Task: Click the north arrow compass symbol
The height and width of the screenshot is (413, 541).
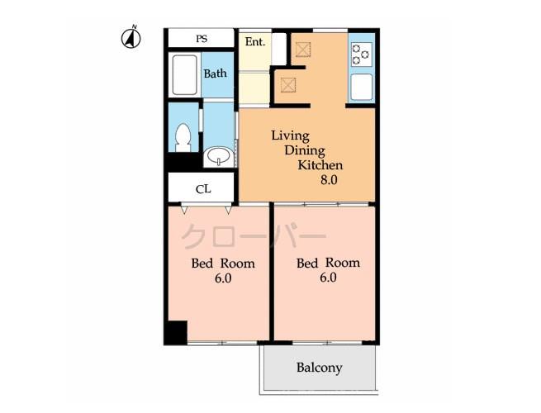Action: coord(131,37)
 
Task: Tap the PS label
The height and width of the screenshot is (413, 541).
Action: coord(202,39)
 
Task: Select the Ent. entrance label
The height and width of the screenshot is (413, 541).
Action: coord(254,40)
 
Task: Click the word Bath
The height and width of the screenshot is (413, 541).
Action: coord(215,74)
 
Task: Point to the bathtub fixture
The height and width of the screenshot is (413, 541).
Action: coord(184,76)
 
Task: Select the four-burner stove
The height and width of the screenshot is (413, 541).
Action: coord(361,55)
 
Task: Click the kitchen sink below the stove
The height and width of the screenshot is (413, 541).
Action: coord(361,87)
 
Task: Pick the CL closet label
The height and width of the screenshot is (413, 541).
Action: coord(203,189)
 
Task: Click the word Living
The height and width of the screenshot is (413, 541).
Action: coord(290,135)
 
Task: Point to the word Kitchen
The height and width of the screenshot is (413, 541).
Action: coord(320,164)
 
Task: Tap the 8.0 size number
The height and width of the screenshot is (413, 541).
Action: coord(329,179)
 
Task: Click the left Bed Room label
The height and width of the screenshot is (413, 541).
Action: coord(223,263)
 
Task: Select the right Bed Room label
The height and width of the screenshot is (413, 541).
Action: coord(328,263)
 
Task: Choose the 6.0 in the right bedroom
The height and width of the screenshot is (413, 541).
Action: coord(328,278)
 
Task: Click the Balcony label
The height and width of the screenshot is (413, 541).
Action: coord(319,368)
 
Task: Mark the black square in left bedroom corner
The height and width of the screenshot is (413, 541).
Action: coord(176,332)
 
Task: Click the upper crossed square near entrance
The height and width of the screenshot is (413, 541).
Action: coord(302,50)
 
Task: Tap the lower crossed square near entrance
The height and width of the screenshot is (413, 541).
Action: coord(288,83)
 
